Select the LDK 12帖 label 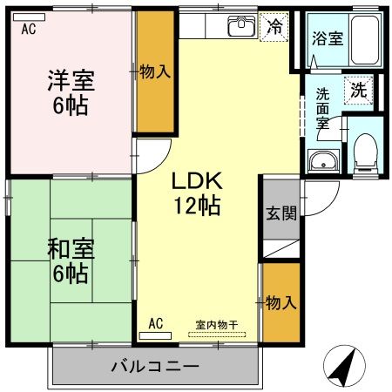pyautogui.click(x=198, y=194)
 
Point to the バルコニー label pyautogui.click(x=155, y=366)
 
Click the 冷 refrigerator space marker pyautogui.click(x=275, y=26)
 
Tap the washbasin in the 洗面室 pyautogui.click(x=322, y=161)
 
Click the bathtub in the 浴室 pyautogui.click(x=367, y=39)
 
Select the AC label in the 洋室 pyautogui.click(x=28, y=27)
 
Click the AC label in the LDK pyautogui.click(x=156, y=323)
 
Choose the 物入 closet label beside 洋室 pyautogui.click(x=154, y=72)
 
